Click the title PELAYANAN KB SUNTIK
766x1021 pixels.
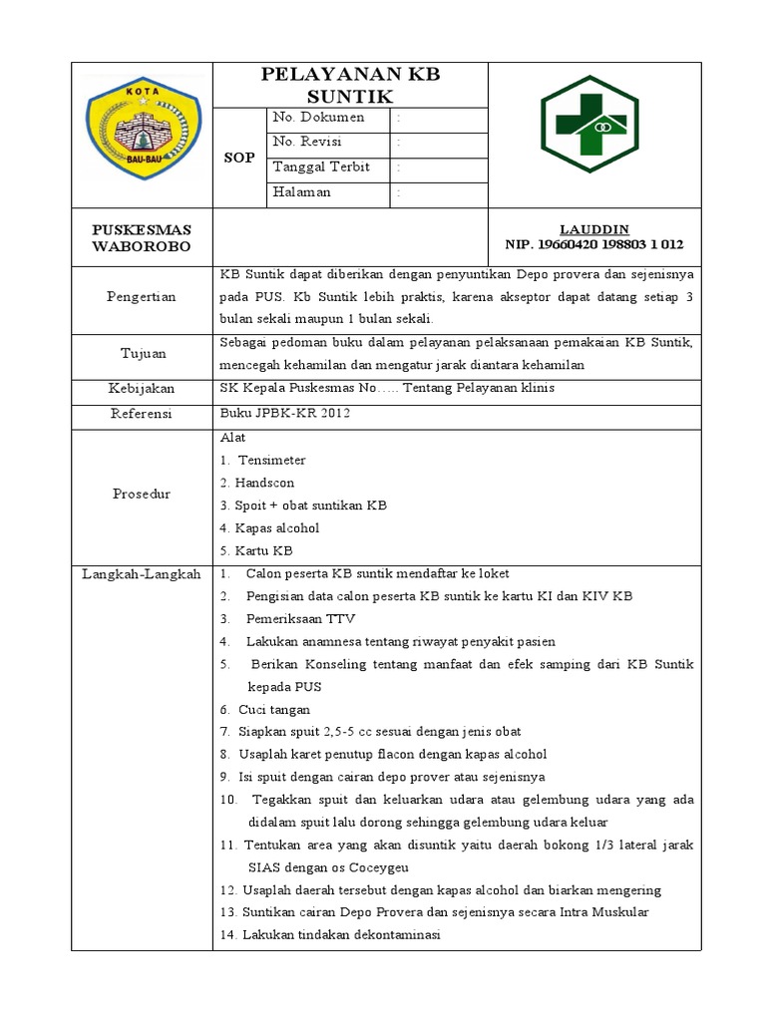349,86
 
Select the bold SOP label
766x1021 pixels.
239,158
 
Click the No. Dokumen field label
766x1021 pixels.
318,118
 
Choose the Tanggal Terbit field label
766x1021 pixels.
321,168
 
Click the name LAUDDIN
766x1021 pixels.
594,228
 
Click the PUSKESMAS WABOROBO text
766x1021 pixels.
143,237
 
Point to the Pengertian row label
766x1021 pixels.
143,296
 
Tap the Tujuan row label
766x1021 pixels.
143,354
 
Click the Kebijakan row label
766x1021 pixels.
143,388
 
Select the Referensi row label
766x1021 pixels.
143,413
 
